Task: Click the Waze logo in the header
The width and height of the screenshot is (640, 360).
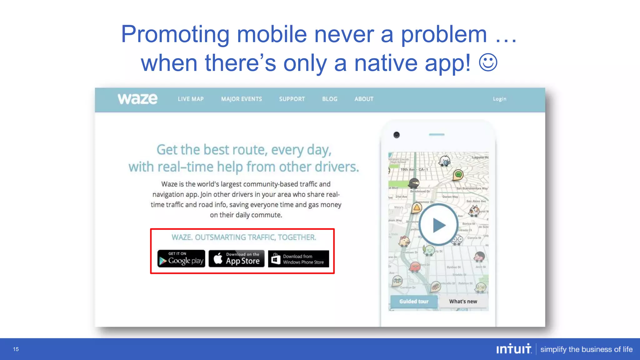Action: point(137,99)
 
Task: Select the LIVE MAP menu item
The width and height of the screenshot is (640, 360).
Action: point(191,99)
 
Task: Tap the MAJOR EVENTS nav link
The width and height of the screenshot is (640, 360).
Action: point(242,99)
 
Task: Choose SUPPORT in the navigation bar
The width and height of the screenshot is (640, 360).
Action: point(292,99)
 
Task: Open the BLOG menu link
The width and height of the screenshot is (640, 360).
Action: point(330,99)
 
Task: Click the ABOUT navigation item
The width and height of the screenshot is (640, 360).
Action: point(364,99)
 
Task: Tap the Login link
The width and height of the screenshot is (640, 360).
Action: point(499,99)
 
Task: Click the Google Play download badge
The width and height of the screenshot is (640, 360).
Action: point(181,259)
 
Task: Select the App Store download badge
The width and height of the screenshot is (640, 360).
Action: point(237,259)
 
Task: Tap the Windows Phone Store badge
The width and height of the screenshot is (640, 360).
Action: point(298,259)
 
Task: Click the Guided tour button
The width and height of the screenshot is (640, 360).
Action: point(414,302)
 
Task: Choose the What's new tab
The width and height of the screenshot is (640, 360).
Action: point(463,302)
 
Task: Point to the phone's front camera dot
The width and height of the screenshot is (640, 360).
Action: point(397,135)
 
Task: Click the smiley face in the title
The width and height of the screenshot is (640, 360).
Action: point(488,62)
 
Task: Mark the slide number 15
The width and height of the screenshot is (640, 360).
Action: point(16,349)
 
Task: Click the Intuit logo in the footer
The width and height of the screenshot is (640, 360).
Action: point(514,349)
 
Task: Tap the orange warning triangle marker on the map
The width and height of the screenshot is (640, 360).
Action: point(417,207)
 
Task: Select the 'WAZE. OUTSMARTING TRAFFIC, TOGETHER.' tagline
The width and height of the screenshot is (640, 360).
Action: point(244,237)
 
